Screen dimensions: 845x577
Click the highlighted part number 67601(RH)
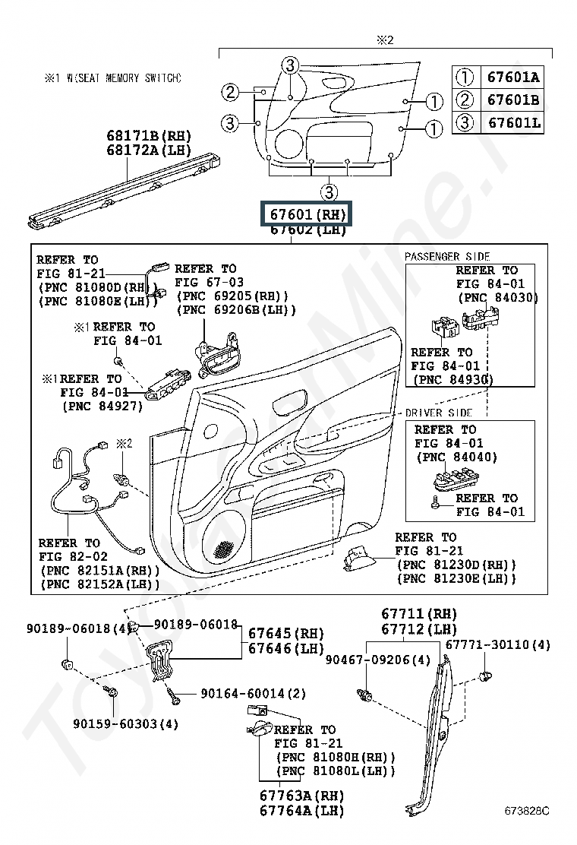pos(307,214)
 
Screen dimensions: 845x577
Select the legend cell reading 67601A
pos(513,77)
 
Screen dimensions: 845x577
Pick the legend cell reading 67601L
pos(513,122)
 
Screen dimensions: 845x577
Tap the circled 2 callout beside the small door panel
pos(230,93)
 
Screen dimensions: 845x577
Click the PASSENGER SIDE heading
pos(447,257)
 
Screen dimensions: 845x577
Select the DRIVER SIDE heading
pos(439,413)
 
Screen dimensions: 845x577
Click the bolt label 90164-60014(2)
pos(254,693)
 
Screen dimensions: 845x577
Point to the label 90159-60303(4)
pos(126,723)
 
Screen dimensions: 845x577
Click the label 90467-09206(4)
pos(378,660)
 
